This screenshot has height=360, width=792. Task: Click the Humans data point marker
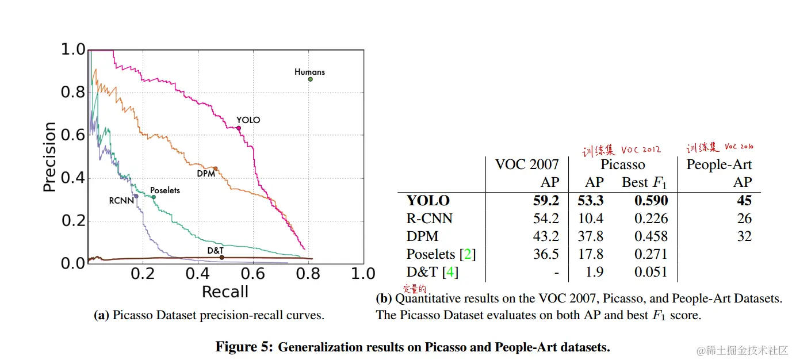[310, 79]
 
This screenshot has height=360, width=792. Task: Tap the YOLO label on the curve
[248, 120]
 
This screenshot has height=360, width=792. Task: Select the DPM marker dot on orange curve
[215, 168]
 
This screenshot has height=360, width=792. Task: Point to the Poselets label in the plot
[164, 190]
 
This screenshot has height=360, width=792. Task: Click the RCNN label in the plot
[121, 201]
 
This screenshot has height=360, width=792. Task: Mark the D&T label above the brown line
[215, 250]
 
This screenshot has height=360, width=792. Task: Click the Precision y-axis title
[50, 156]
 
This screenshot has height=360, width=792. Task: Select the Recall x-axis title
[225, 292]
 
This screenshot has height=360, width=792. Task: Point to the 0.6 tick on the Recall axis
[253, 273]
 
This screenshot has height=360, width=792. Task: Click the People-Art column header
[719, 164]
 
